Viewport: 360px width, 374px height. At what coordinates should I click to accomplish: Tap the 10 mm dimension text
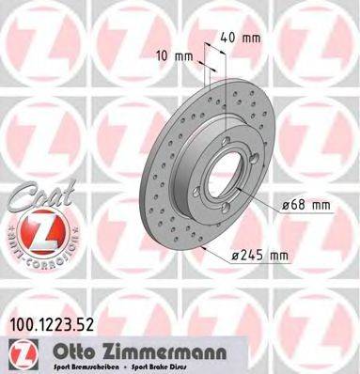[x=177, y=55]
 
